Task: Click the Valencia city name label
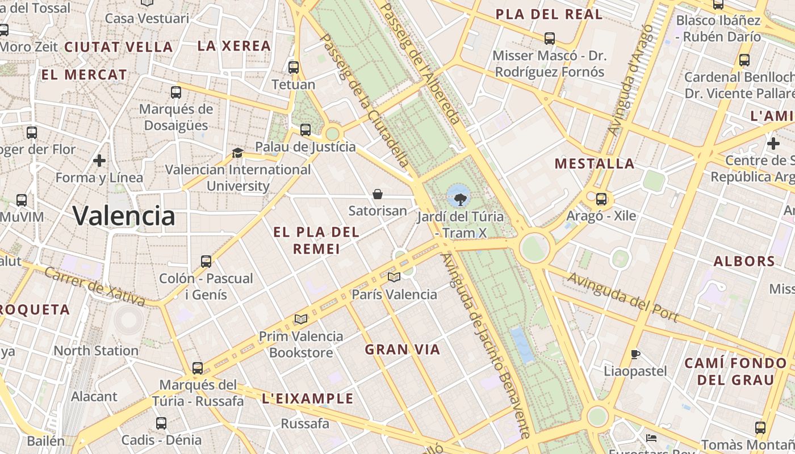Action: tap(124, 216)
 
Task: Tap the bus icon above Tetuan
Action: tap(294, 67)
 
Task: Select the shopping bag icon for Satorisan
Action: tap(377, 195)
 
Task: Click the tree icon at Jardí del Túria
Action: tap(460, 199)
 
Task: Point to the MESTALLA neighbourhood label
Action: tap(595, 164)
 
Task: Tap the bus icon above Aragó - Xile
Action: tap(601, 199)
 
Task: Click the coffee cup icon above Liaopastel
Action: tap(635, 355)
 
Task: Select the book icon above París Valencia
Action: tap(394, 277)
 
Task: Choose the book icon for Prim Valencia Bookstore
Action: tap(300, 320)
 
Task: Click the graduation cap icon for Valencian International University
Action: tap(237, 153)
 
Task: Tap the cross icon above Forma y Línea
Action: tap(99, 161)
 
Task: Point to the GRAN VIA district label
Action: tap(403, 350)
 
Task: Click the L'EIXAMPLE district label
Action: tap(308, 399)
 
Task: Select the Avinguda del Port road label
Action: tap(623, 297)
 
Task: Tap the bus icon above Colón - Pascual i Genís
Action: tap(206, 262)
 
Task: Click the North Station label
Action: tap(96, 351)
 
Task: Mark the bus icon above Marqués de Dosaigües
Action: tap(176, 92)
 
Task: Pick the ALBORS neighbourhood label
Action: tap(744, 262)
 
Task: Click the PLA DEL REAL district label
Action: tap(549, 15)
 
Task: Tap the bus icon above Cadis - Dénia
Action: tap(161, 423)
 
